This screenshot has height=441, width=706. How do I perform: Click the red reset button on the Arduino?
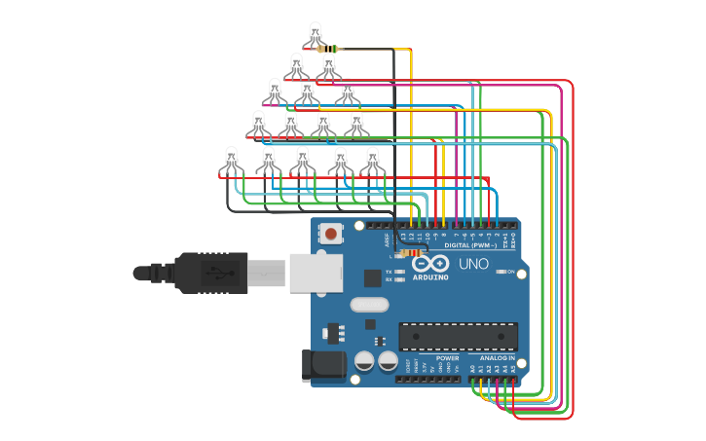pyautogui.click(x=332, y=234)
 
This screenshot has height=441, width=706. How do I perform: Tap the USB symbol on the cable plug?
pyautogui.click(x=216, y=273)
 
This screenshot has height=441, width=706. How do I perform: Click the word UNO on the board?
pyautogui.click(x=473, y=264)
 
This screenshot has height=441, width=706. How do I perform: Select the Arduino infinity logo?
pyautogui.click(x=429, y=264)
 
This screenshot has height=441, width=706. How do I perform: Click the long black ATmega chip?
pyautogui.click(x=458, y=336)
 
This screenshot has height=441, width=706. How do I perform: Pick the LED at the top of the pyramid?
pyautogui.click(x=315, y=33)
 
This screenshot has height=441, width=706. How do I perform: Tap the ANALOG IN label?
pyautogui.click(x=497, y=358)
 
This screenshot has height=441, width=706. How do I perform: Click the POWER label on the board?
pyautogui.click(x=447, y=358)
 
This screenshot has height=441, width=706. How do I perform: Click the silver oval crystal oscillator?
pyautogui.click(x=370, y=304)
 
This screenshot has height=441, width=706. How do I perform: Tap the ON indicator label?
pyautogui.click(x=510, y=272)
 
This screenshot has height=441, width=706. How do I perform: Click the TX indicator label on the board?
pyautogui.click(x=389, y=272)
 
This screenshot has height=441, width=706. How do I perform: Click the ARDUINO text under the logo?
pyautogui.click(x=429, y=276)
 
